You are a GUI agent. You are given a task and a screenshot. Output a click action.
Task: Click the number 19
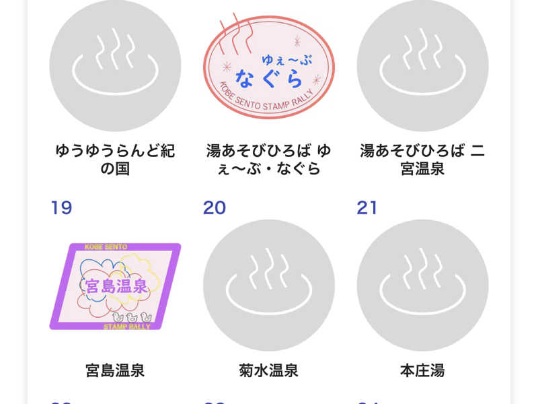point(61,207)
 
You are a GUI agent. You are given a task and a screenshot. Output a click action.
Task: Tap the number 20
point(215,207)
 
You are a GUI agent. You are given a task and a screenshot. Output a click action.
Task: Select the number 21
point(367,207)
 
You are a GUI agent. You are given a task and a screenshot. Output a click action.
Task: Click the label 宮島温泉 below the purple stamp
point(115,370)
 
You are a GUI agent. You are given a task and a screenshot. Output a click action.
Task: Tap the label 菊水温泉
point(268,370)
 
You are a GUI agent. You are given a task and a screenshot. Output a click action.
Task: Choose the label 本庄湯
point(422,370)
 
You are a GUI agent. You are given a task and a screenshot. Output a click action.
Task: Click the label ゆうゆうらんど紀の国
point(115,160)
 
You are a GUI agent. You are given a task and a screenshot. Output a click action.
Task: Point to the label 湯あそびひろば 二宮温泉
point(422,160)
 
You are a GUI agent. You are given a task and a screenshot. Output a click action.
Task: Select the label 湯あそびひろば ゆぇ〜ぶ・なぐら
point(268,160)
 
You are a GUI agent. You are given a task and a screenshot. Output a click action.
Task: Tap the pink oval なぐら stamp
point(269,67)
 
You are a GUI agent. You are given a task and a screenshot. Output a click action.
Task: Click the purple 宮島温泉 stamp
point(115,286)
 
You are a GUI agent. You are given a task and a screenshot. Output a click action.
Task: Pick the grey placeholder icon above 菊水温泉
point(268,285)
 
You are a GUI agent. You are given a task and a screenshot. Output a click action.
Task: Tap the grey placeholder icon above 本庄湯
point(422,285)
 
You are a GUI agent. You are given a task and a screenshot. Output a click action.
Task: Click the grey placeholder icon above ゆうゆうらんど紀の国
point(115,65)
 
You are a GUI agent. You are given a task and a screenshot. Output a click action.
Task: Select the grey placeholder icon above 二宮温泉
point(422,65)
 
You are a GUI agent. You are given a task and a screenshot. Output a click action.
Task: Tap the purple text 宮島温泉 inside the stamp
point(115,286)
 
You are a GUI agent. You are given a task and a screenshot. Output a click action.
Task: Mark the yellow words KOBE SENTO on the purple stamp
point(106,247)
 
